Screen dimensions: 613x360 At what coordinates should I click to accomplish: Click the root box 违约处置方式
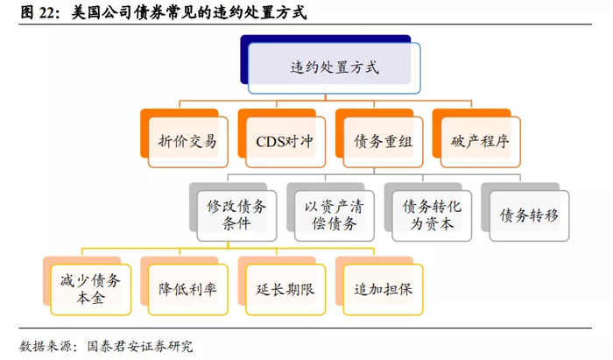pyautogui.click(x=335, y=68)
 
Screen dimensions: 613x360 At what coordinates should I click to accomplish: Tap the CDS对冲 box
pyautogui.click(x=285, y=142)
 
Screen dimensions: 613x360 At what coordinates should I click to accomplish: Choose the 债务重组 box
pyautogui.click(x=384, y=142)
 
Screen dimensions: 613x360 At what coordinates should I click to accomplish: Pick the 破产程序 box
pyautogui.click(x=481, y=142)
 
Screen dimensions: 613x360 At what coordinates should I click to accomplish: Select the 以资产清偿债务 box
pyautogui.click(x=335, y=215)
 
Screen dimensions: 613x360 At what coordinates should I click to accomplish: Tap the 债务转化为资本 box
pyautogui.click(x=432, y=215)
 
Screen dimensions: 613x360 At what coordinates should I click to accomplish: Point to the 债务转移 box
pyautogui.click(x=529, y=215)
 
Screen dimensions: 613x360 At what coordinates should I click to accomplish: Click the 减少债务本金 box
pyautogui.click(x=91, y=289)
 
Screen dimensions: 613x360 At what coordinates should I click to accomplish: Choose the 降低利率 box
pyautogui.click(x=188, y=289)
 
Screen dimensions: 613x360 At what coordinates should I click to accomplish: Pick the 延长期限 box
pyautogui.click(x=285, y=289)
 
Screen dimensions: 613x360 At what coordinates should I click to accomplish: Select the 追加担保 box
pyautogui.click(x=384, y=289)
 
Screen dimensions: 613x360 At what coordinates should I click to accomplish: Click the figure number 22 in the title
pyautogui.click(x=47, y=12)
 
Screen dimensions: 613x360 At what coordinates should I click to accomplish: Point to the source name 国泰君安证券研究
pyautogui.click(x=140, y=346)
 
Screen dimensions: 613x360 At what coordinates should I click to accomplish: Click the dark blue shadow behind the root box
pyautogui.click(x=244, y=59)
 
